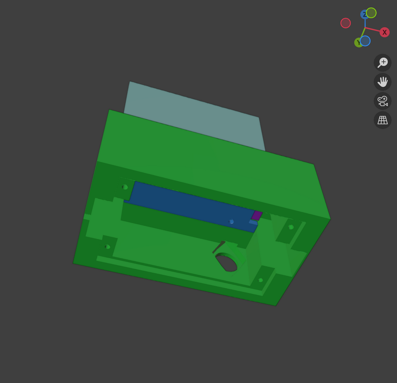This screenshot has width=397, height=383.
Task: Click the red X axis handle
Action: (x=384, y=32)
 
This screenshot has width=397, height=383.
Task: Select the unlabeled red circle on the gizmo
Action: (x=345, y=23)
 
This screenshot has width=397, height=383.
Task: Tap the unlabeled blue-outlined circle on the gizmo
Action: (x=365, y=41)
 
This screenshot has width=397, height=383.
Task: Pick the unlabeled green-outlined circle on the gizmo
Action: (x=371, y=13)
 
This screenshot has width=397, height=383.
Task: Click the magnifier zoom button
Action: (x=382, y=63)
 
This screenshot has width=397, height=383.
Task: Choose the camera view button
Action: (x=382, y=101)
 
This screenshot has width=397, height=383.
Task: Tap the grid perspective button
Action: (x=382, y=120)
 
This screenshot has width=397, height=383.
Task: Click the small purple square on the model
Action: (x=257, y=216)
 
